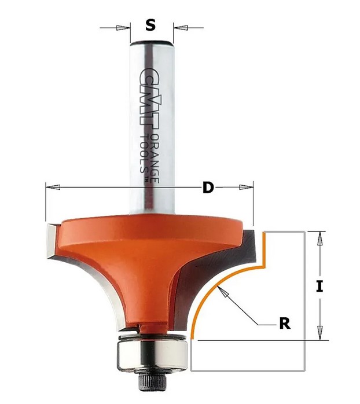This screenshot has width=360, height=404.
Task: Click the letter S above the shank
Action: coord(150,25)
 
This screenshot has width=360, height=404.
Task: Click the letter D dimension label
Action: coord(208,188)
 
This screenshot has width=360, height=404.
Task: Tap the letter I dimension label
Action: coord(319,287)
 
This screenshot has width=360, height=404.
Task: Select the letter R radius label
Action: coord(285,324)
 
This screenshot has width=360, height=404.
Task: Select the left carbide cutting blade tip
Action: coord(52,241)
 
